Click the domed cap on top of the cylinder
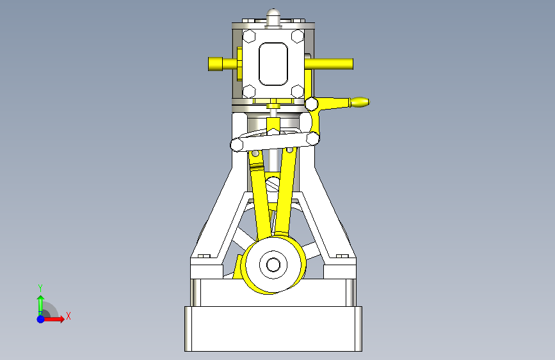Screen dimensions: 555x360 tap(273, 16)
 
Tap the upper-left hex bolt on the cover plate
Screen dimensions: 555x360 tap(249, 36)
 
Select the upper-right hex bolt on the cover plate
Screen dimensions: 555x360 tap(297, 36)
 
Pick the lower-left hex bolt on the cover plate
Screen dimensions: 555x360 tap(249, 92)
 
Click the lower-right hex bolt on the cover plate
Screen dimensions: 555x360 tap(297, 92)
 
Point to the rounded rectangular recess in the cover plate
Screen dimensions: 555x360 tap(273, 64)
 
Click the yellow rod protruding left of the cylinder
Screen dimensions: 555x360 tap(222, 64)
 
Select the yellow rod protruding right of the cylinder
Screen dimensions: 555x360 tap(329, 64)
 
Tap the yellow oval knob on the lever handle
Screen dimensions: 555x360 tap(360, 102)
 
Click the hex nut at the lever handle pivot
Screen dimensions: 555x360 tap(312, 104)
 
